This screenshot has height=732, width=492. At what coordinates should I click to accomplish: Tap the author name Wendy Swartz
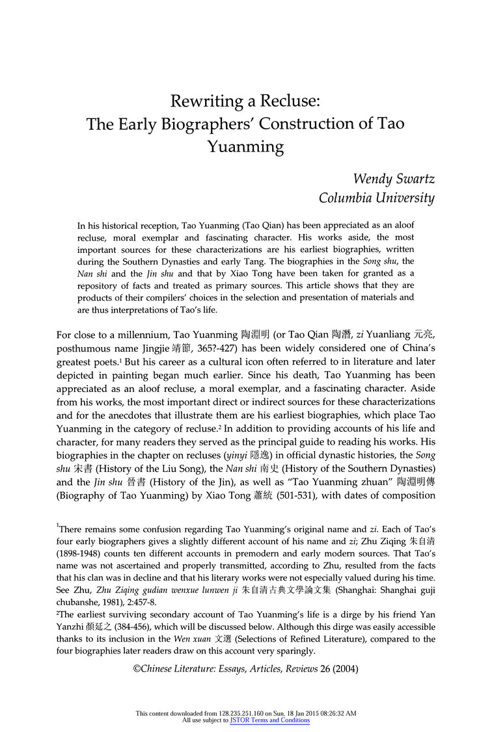tap(394, 179)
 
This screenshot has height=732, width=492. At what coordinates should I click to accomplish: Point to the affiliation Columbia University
tap(377, 198)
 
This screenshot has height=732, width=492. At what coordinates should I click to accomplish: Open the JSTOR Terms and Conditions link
tap(269, 720)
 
